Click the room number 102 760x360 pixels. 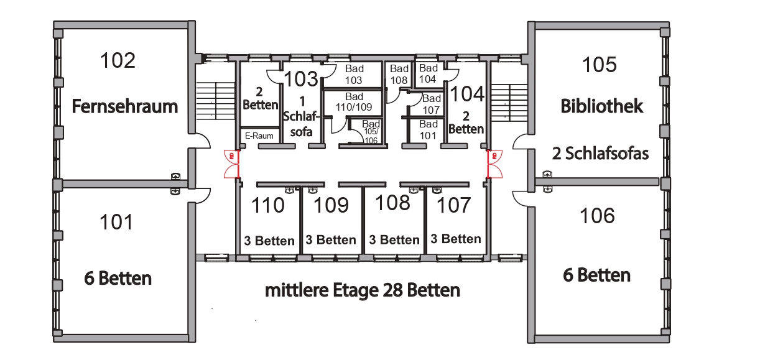[x=118, y=60]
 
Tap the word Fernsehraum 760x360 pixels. [x=125, y=106]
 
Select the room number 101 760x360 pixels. [x=116, y=222]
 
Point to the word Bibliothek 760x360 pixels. [x=601, y=106]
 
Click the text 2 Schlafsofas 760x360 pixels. [x=600, y=154]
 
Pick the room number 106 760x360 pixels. [x=597, y=216]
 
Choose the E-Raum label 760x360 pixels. [x=259, y=136]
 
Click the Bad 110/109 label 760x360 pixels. [x=354, y=102]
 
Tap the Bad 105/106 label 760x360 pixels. [x=371, y=132]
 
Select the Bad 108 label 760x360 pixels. [x=399, y=75]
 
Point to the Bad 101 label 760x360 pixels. [x=428, y=130]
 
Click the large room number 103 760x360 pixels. [x=301, y=79]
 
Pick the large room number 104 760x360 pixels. [x=467, y=94]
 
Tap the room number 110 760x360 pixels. [x=267, y=205]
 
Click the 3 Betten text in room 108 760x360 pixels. [x=394, y=240]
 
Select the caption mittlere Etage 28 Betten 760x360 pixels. [x=363, y=290]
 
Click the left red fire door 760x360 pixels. [x=232, y=164]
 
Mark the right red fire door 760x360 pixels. [x=494, y=164]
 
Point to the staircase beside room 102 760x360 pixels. [x=216, y=101]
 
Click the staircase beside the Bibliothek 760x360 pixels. [x=509, y=101]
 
